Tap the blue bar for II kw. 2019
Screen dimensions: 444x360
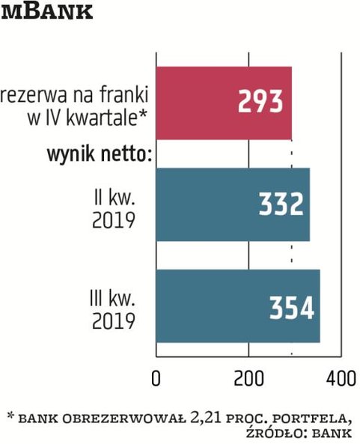232,204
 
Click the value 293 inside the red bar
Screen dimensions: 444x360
262,102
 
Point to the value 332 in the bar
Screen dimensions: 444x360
280,204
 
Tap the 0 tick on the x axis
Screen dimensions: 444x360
156,377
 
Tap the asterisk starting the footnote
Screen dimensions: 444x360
10,414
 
